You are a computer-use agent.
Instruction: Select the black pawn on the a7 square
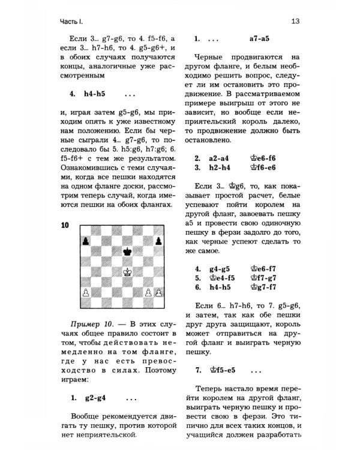(85, 241)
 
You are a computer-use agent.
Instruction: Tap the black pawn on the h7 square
(159, 241)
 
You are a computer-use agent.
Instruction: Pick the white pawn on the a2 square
(85, 292)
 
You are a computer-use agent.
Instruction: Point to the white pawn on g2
(148, 292)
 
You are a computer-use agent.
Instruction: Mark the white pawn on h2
(159, 292)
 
